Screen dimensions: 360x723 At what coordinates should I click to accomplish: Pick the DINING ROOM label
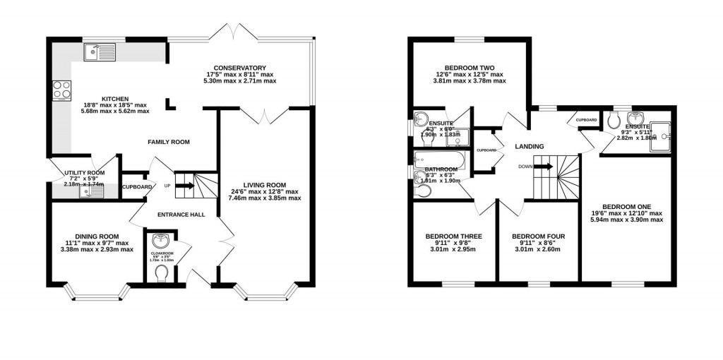(x=97, y=236)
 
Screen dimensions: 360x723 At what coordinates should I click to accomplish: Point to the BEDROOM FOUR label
(x=538, y=236)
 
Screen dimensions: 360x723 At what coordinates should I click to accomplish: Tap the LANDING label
(x=529, y=147)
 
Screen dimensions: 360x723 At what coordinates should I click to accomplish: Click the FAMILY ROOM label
(x=169, y=142)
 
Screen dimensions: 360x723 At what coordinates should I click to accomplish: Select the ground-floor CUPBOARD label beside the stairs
(x=137, y=187)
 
